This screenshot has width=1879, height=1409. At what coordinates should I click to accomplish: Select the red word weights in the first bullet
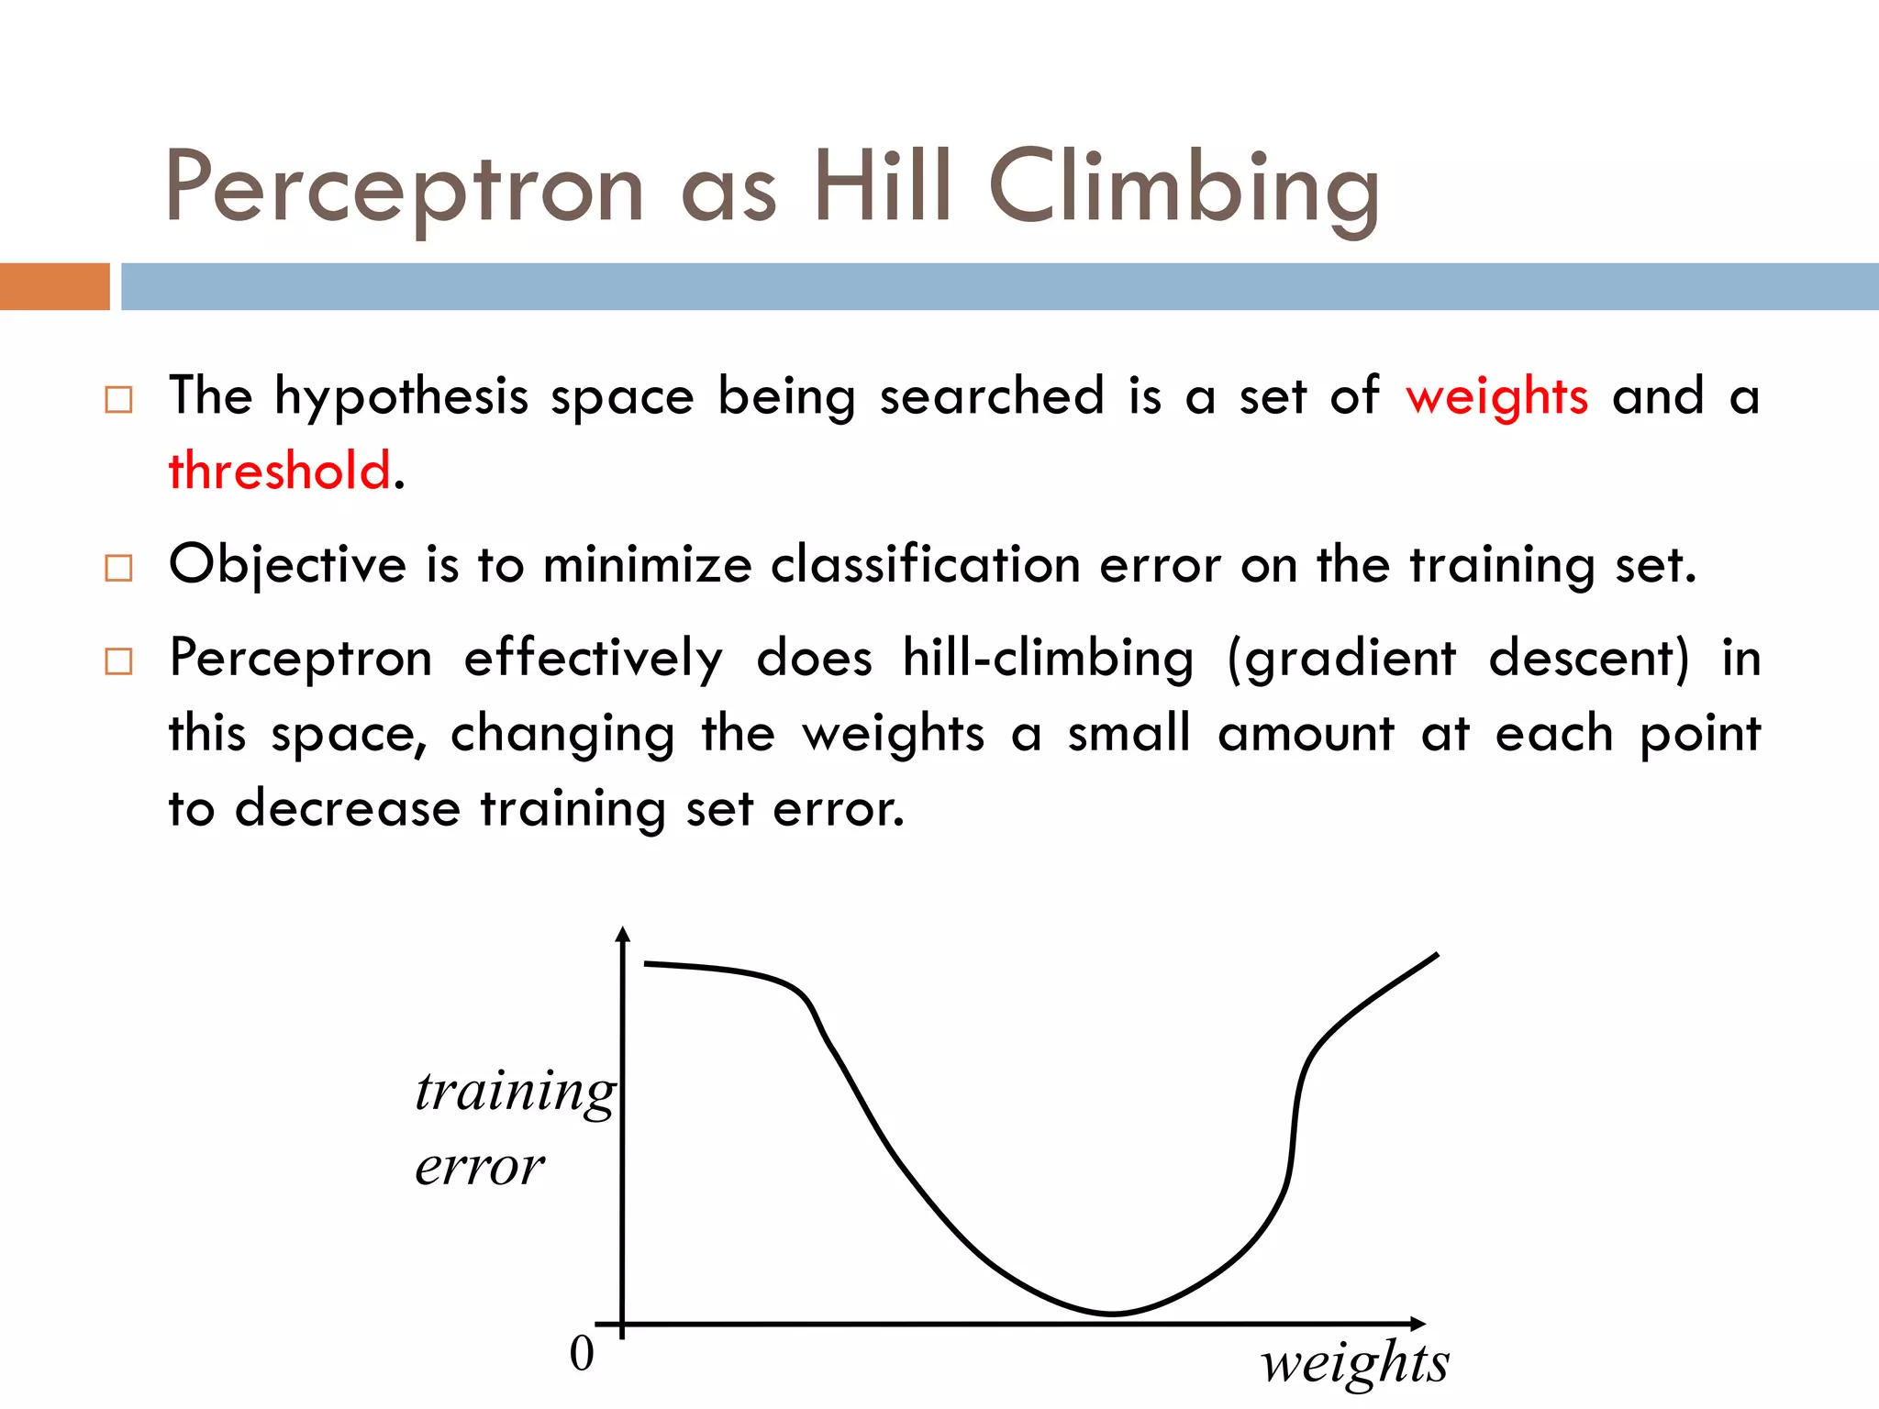pyautogui.click(x=1496, y=397)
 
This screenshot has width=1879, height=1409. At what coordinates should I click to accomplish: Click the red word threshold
pyautogui.click(x=280, y=471)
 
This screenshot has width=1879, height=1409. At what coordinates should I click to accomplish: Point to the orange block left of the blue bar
pyautogui.click(x=54, y=286)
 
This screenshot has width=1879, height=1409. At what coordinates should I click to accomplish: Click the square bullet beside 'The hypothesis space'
pyautogui.click(x=118, y=400)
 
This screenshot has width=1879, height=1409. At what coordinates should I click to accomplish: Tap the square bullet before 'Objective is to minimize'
pyautogui.click(x=118, y=568)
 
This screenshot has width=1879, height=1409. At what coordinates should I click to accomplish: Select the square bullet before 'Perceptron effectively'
pyautogui.click(x=118, y=661)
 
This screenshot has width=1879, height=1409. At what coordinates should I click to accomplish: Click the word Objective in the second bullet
pyautogui.click(x=287, y=565)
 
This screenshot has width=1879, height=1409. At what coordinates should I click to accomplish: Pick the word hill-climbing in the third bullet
pyautogui.click(x=1048, y=659)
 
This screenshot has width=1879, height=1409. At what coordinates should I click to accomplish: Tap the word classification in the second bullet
pyautogui.click(x=925, y=564)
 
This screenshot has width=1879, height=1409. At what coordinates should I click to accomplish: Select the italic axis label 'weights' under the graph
pyautogui.click(x=1354, y=1362)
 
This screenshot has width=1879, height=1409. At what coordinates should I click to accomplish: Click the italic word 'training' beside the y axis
pyautogui.click(x=515, y=1092)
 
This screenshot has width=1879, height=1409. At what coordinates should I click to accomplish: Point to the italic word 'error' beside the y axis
pyautogui.click(x=479, y=1167)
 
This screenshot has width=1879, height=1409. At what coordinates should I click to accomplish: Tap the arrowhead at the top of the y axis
pyautogui.click(x=623, y=934)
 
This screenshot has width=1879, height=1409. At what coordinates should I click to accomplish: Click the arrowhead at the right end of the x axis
pyautogui.click(x=1418, y=1324)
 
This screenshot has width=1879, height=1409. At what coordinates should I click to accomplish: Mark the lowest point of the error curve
pyautogui.click(x=1111, y=1314)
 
